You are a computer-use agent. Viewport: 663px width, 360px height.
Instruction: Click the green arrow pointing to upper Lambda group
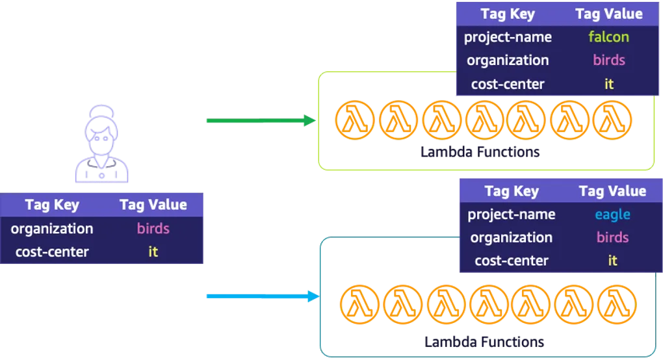point(259,120)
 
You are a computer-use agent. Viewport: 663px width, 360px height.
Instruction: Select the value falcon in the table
point(608,37)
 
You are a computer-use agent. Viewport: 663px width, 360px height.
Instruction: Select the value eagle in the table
point(612,214)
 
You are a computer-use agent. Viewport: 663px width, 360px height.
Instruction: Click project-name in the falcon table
point(508,37)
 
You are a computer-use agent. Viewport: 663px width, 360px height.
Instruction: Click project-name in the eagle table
point(512,214)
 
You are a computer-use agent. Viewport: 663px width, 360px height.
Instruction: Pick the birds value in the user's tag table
point(153,229)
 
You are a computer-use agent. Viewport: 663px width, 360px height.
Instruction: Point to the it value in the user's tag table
point(153,251)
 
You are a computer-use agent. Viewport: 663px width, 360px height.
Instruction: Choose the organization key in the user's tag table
point(52,229)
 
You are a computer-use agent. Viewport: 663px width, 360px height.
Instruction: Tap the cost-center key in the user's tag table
point(52,251)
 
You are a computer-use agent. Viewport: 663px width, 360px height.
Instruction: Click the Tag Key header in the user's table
point(52,205)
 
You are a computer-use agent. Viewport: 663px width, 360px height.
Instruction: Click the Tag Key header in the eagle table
point(512,191)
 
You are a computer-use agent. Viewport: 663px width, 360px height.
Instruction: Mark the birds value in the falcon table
point(608,60)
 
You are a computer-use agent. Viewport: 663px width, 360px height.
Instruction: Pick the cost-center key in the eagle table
point(512,261)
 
